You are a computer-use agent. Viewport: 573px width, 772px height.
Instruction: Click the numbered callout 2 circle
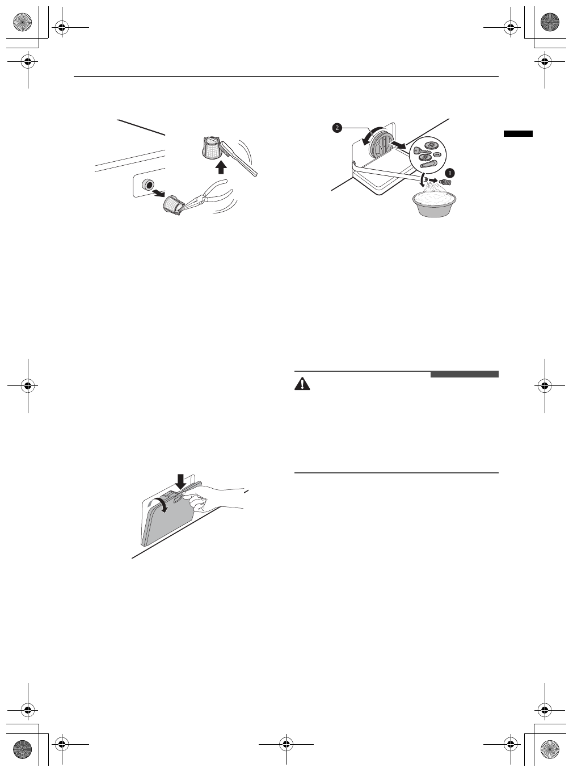point(337,128)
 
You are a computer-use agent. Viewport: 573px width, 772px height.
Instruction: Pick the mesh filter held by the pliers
point(172,204)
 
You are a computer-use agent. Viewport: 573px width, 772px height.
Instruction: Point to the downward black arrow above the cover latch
point(181,481)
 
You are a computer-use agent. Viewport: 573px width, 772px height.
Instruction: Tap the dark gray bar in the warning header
point(464,374)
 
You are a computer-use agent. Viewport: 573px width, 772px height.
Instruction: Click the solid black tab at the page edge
point(518,133)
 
